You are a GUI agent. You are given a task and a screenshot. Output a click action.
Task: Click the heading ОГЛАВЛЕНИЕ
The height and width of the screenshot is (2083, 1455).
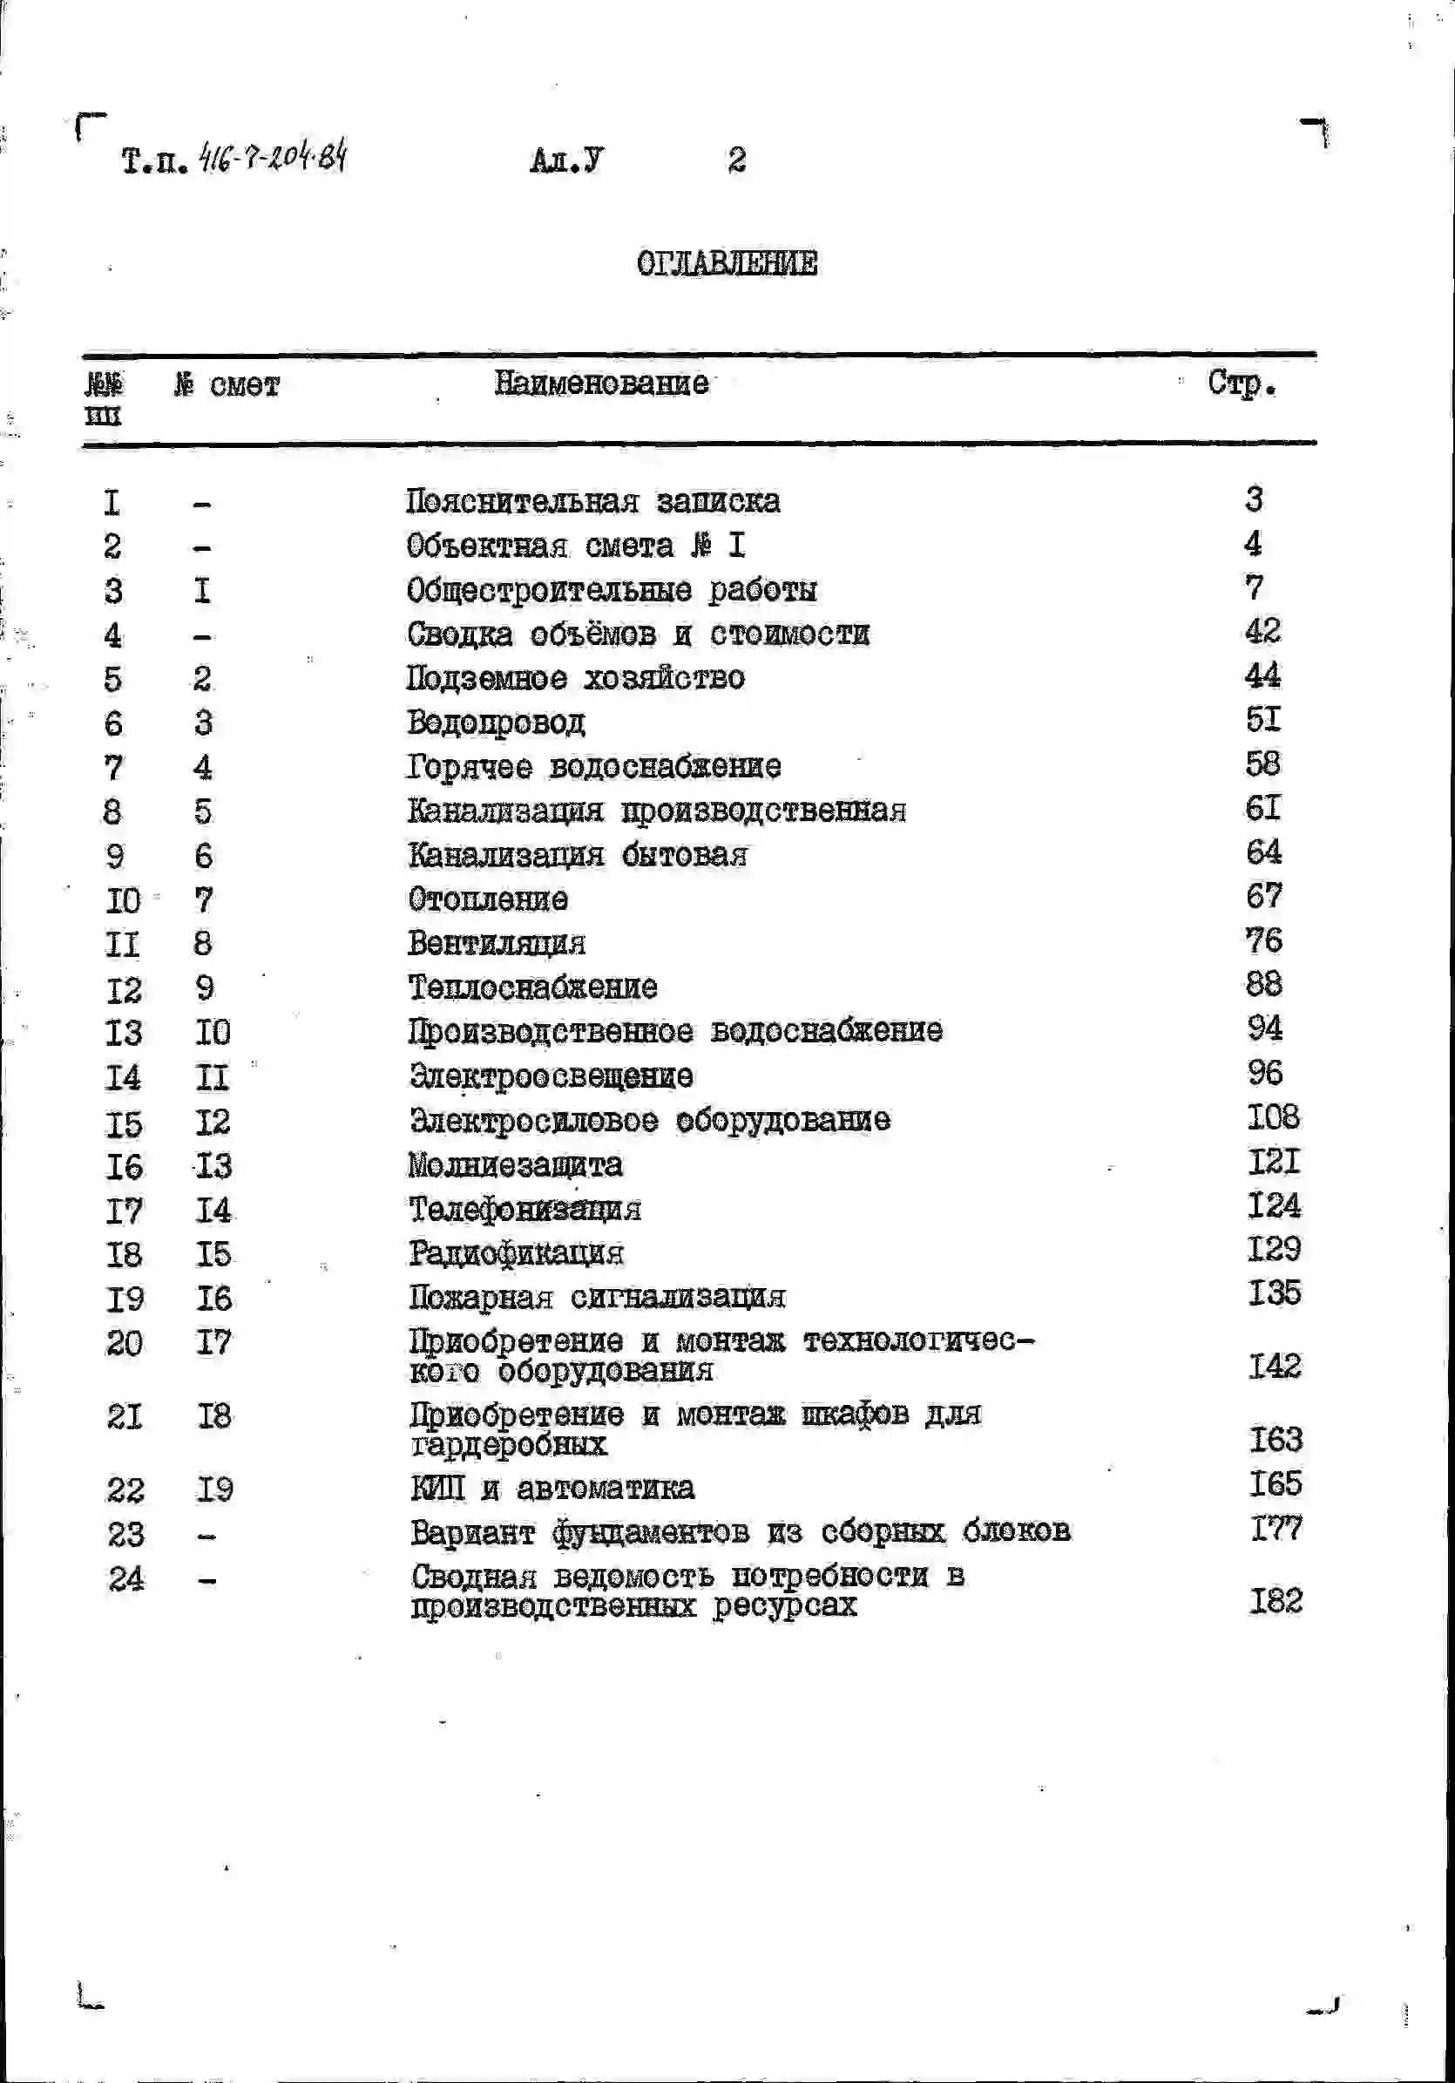tap(727, 264)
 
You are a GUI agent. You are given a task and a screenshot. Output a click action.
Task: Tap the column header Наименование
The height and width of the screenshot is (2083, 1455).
tap(600, 383)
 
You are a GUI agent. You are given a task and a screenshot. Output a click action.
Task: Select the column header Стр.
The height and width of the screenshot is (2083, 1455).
tap(1241, 384)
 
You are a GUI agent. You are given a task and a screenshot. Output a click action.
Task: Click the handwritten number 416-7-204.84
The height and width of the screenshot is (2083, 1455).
tap(272, 158)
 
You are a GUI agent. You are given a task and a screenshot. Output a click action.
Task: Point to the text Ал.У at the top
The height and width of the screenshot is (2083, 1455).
tap(566, 160)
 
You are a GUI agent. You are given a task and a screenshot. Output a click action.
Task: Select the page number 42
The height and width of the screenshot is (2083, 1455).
tap(1262, 630)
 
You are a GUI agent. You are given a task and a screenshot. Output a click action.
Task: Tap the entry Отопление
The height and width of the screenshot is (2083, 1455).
tap(488, 900)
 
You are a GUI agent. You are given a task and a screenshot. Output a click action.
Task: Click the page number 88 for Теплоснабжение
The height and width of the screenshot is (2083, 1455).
tap(1262, 984)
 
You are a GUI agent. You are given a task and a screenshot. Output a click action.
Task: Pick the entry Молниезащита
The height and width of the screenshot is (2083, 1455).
tap(515, 1165)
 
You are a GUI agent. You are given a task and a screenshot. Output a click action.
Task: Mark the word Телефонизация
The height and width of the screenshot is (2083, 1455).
tap(524, 1210)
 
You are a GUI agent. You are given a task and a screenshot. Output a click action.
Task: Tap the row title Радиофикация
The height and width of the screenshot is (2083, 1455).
tap(515, 1254)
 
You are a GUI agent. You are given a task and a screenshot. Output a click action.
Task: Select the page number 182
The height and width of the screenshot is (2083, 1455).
tap(1276, 1601)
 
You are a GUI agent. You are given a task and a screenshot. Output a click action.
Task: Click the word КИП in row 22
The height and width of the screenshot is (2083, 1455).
tap(437, 1489)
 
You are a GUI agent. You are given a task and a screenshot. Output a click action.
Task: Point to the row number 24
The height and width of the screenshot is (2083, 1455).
tap(125, 1579)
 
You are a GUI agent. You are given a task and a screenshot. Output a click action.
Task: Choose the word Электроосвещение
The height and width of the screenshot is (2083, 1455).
tap(551, 1077)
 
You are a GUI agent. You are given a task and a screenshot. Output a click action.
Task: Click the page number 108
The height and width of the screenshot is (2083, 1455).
tap(1273, 1117)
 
